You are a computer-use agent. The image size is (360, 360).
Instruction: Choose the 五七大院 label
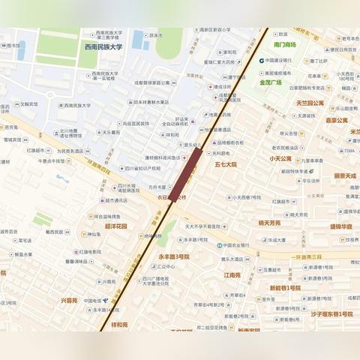tap(225, 163)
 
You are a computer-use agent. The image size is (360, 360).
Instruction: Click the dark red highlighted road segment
tap(185, 175)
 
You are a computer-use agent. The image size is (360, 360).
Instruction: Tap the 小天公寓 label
tap(281, 158)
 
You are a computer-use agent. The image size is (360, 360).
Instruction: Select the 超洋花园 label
tap(115, 225)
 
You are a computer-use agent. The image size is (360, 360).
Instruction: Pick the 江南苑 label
tap(232, 274)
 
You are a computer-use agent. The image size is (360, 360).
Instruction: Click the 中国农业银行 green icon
tap(218, 245)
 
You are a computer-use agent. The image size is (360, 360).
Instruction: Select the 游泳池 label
tap(156, 35)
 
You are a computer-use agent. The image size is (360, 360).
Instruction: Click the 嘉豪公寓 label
tap(337, 119)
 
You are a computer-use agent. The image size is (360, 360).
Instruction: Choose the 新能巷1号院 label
tap(284, 287)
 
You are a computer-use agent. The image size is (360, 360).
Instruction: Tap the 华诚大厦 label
tap(273, 241)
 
